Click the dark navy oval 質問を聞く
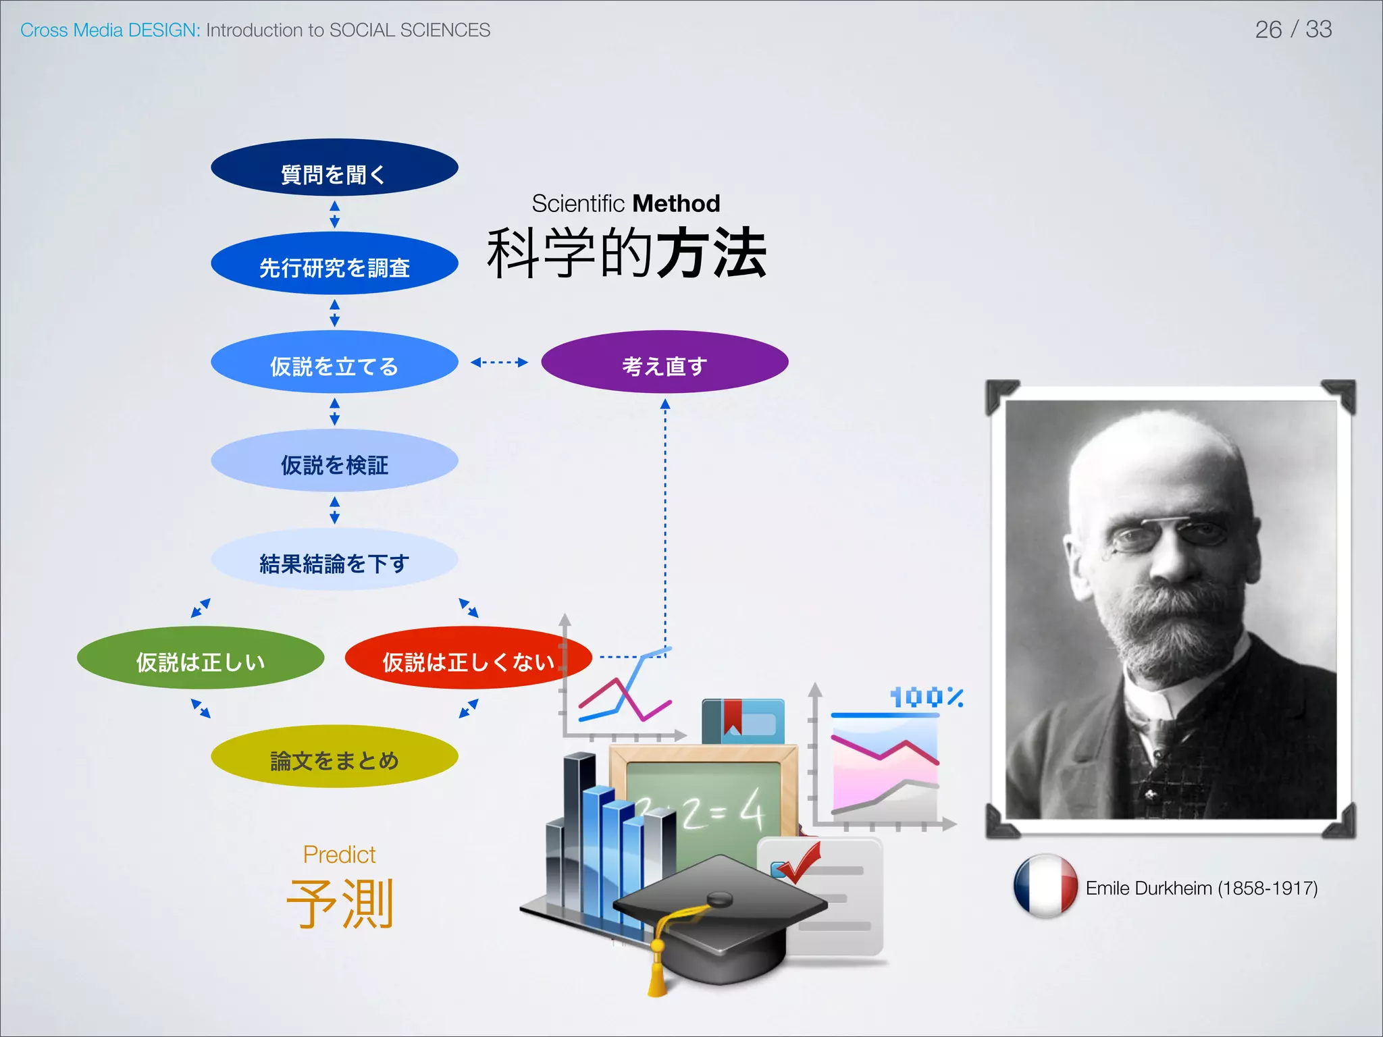(334, 169)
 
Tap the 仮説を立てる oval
(334, 363)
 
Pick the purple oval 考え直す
(664, 363)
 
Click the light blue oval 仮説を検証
(334, 461)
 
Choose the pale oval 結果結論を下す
(334, 560)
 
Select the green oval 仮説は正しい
(201, 658)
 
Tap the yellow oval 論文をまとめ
(334, 757)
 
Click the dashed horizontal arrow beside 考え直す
(499, 363)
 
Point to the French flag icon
(1045, 886)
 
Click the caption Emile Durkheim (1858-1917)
(1201, 888)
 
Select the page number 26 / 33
(1293, 30)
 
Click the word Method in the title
(676, 203)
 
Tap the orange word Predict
(339, 855)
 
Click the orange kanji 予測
(340, 903)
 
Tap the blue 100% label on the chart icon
(926, 697)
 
